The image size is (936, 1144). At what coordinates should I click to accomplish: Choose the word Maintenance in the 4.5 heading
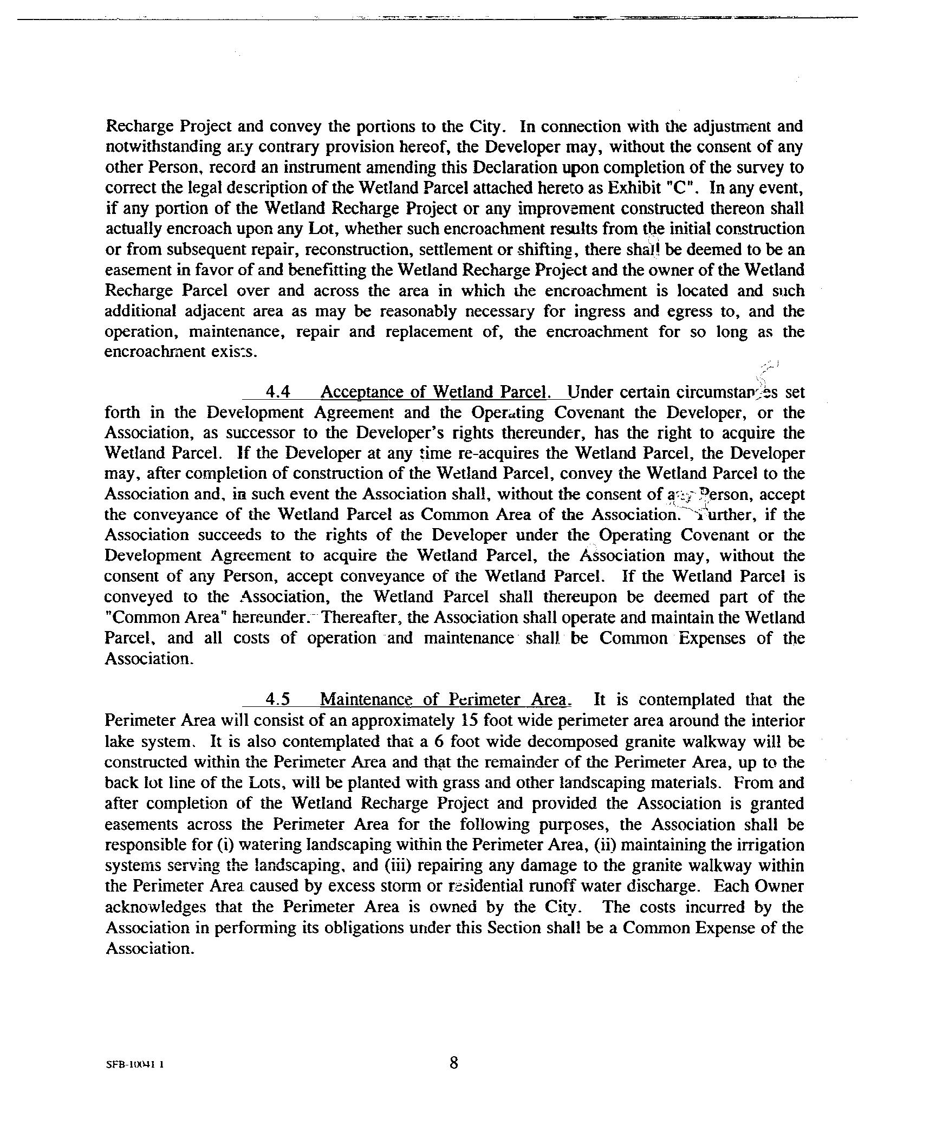(367, 699)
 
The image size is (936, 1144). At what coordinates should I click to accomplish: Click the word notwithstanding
(163, 147)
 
